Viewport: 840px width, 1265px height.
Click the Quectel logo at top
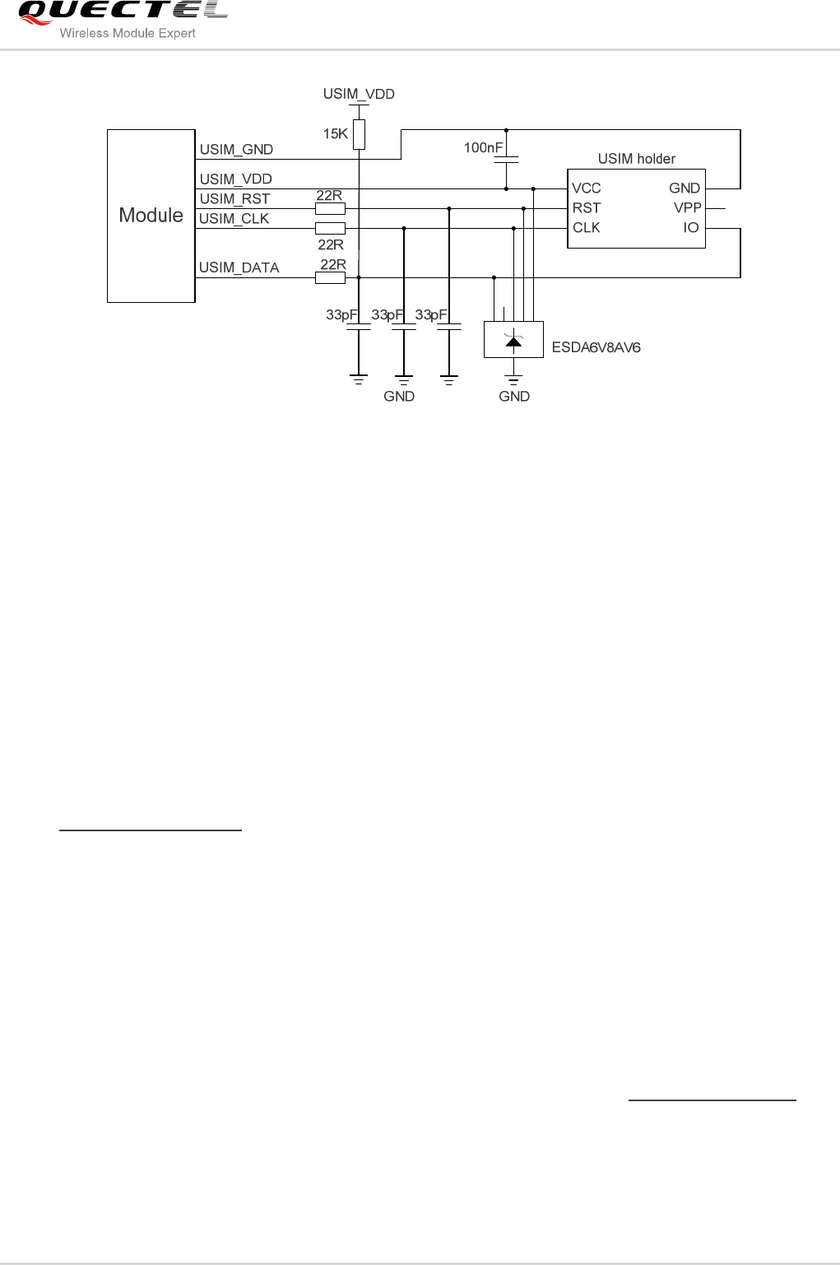pyautogui.click(x=122, y=11)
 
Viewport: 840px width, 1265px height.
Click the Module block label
pyautogui.click(x=151, y=216)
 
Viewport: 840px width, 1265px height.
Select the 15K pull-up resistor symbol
pyautogui.click(x=359, y=135)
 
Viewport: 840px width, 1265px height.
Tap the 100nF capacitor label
pyautogui.click(x=483, y=148)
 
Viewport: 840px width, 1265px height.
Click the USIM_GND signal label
pyautogui.click(x=236, y=150)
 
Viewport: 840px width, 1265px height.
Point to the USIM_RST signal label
pyautogui.click(x=234, y=199)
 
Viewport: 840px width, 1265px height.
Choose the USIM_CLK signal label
pyautogui.click(x=234, y=219)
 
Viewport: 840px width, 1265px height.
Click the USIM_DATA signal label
pyautogui.click(x=239, y=267)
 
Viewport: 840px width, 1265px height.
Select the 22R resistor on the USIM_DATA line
pyautogui.click(x=330, y=278)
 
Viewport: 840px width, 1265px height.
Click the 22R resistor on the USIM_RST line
pyautogui.click(x=330, y=209)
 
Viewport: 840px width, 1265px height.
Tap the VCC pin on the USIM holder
pyautogui.click(x=586, y=188)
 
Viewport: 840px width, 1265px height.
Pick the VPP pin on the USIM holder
pyautogui.click(x=687, y=208)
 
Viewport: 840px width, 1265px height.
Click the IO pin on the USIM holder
pyautogui.click(x=690, y=228)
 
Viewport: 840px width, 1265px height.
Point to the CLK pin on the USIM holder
pyautogui.click(x=586, y=228)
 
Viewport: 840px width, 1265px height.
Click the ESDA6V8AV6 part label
pyautogui.click(x=596, y=347)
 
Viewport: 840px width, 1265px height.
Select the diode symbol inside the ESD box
pyautogui.click(x=513, y=341)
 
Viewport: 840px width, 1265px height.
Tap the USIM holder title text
pyautogui.click(x=636, y=159)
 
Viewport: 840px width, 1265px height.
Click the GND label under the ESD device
pyautogui.click(x=513, y=397)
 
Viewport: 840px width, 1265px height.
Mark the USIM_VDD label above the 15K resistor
pyautogui.click(x=359, y=94)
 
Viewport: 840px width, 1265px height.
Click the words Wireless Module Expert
pyautogui.click(x=128, y=34)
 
